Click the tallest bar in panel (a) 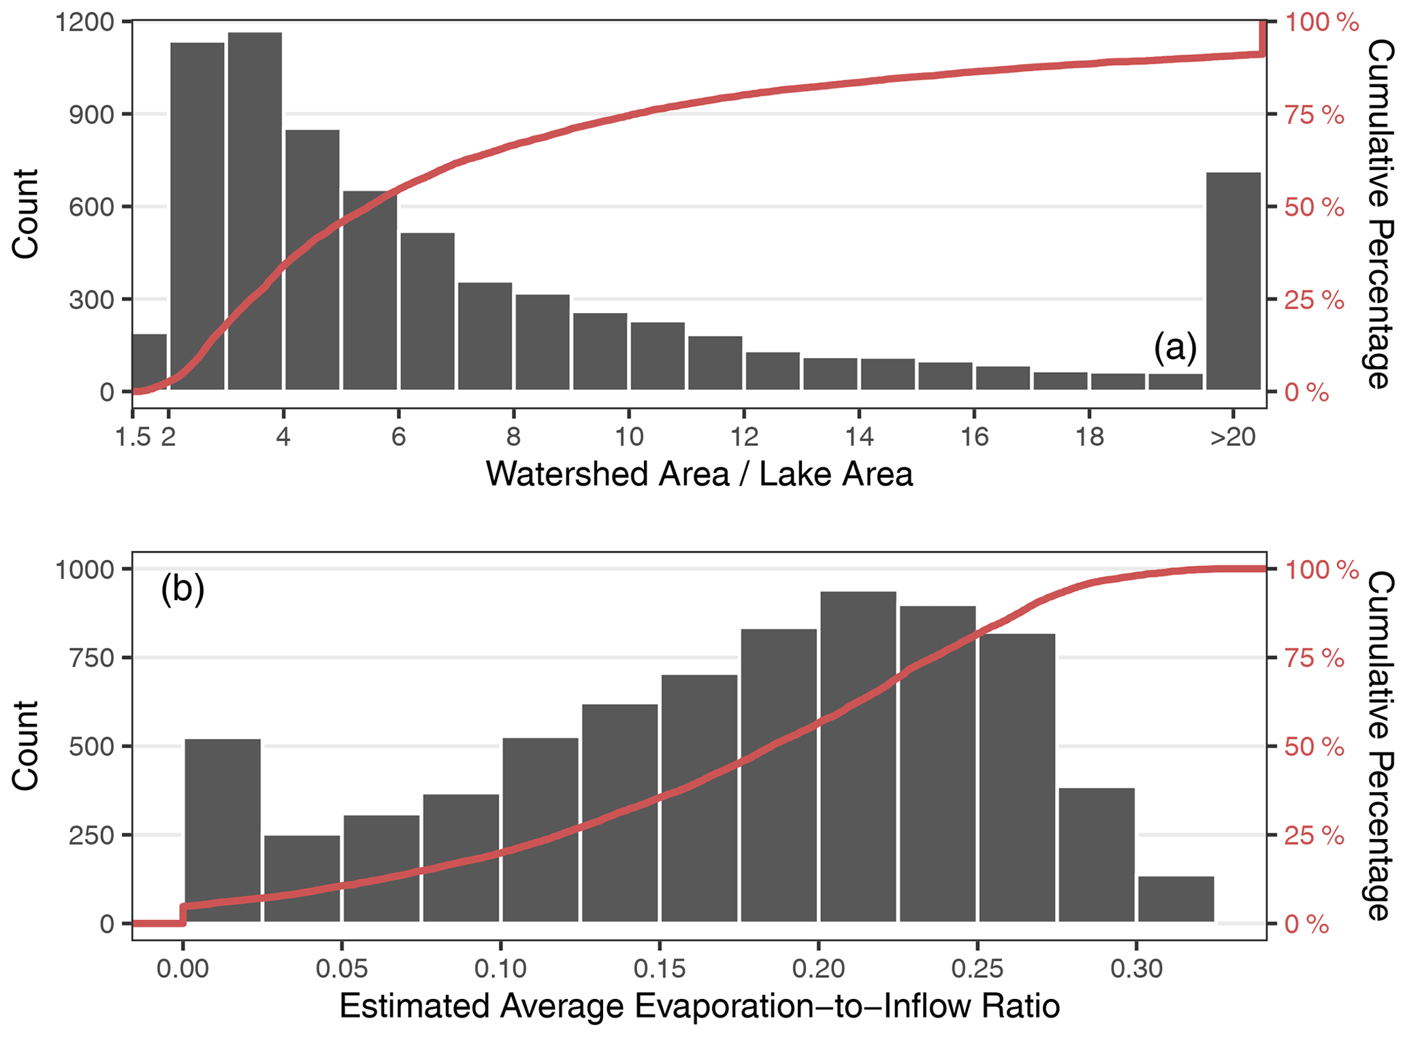[255, 211]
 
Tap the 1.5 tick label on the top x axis [133, 437]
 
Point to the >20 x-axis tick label [1232, 437]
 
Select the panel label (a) [1175, 347]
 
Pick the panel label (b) [182, 589]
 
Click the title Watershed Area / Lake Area [699, 474]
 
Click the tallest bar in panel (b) [858, 757]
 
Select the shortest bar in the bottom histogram [1176, 899]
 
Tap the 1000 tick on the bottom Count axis [84, 570]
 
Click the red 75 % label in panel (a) [1314, 115]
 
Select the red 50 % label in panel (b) [1314, 747]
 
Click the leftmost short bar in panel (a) [149, 362]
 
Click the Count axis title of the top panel [26, 213]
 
